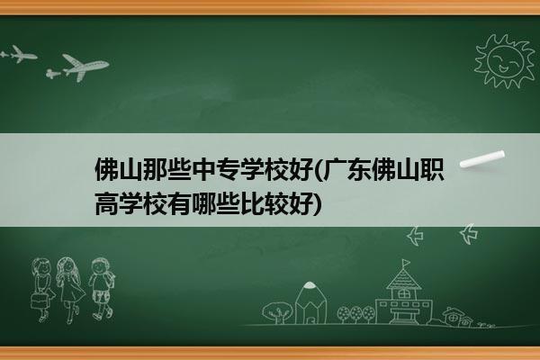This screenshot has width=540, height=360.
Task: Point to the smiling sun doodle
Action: pyautogui.click(x=505, y=61)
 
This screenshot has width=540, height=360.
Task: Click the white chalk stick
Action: pyautogui.click(x=482, y=159)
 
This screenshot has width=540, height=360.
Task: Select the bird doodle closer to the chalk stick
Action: pyautogui.click(x=469, y=234)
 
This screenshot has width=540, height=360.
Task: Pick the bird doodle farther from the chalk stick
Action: pyautogui.click(x=415, y=237)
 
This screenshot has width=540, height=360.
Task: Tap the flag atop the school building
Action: pyautogui.click(x=407, y=264)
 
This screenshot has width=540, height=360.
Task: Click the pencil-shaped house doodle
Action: pyautogui.click(x=310, y=303)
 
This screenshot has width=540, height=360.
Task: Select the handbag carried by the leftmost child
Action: pyautogui.click(x=38, y=301)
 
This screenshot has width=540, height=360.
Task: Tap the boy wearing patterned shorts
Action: pyautogui.click(x=102, y=289)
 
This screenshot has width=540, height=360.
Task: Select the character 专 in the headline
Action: pyautogui.click(x=228, y=169)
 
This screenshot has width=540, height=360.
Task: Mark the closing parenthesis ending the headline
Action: pyautogui.click(x=318, y=204)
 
